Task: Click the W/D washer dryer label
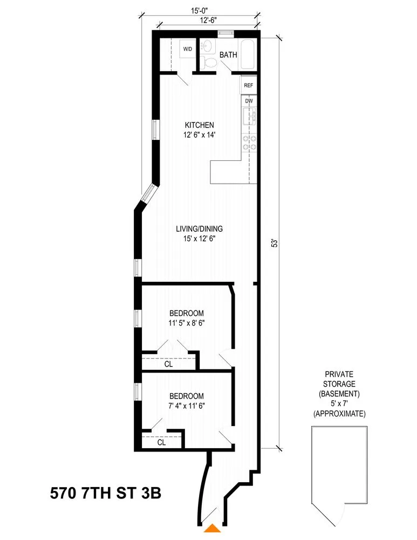187,49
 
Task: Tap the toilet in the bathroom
210,64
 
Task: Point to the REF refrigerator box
248,85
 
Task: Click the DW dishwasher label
248,101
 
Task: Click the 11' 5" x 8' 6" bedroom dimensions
187,323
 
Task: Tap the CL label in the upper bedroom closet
168,364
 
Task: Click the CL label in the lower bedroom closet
161,442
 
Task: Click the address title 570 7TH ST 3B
106,493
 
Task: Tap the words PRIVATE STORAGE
339,380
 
